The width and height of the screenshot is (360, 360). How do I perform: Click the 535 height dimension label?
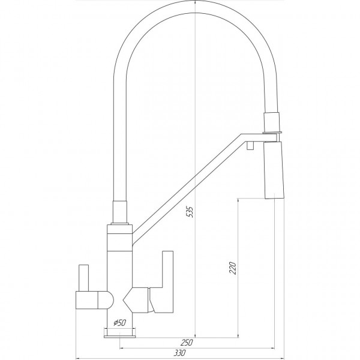coord(190,212)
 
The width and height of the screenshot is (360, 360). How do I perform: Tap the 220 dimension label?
coord(233,268)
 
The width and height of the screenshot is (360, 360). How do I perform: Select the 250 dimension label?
coord(186,343)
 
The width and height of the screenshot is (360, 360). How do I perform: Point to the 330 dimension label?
coord(179,353)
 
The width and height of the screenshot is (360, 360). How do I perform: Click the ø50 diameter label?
coord(119,323)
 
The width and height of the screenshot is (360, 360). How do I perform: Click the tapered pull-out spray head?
coord(274,170)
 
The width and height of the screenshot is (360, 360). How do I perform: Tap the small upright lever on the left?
coord(84,278)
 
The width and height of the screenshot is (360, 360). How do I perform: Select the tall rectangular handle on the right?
coord(163,282)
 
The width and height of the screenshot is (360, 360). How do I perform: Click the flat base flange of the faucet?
coord(119,337)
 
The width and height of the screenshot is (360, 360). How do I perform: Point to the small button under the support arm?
coord(250,146)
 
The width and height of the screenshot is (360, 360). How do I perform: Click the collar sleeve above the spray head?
coord(272,122)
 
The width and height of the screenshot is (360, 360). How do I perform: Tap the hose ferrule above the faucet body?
coord(119,212)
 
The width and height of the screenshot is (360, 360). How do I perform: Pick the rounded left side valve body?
coord(95,300)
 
